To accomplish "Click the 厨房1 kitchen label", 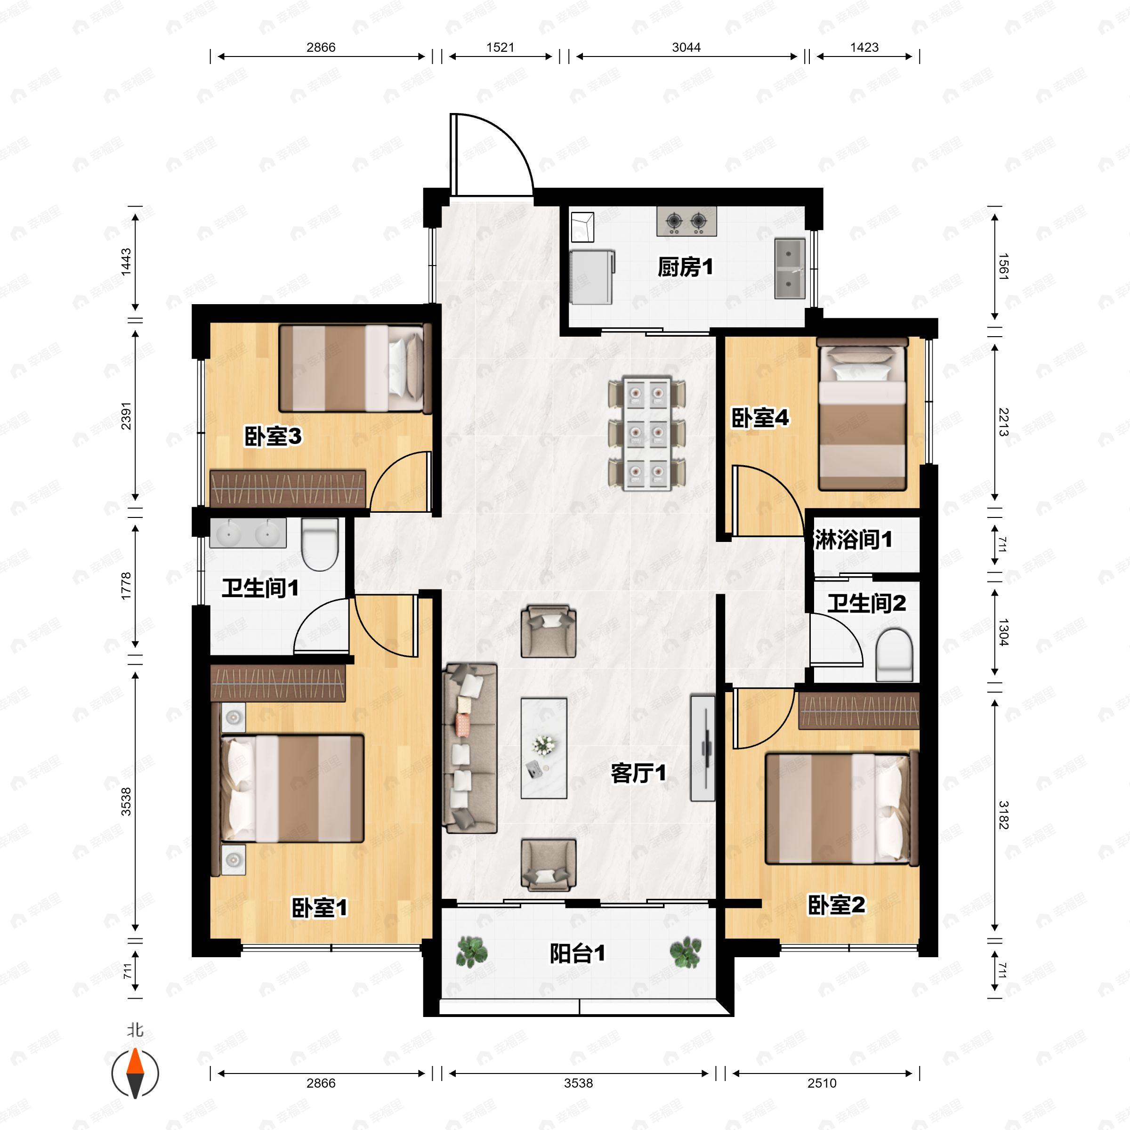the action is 685,267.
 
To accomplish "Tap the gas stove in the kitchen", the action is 686,221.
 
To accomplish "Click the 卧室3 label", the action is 273,436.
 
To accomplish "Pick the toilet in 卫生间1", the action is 320,544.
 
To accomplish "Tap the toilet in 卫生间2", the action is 894,654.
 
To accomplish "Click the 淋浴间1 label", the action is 853,539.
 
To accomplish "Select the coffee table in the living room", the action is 544,748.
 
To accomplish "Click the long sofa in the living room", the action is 470,748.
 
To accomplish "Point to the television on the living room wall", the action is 703,748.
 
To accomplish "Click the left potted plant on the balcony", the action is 471,952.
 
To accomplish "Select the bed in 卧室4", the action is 862,414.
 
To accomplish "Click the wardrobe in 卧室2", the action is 859,710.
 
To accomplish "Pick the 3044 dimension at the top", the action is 686,48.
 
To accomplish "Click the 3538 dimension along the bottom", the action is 579,1083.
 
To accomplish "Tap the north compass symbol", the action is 135,1074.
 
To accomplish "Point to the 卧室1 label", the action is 319,908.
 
